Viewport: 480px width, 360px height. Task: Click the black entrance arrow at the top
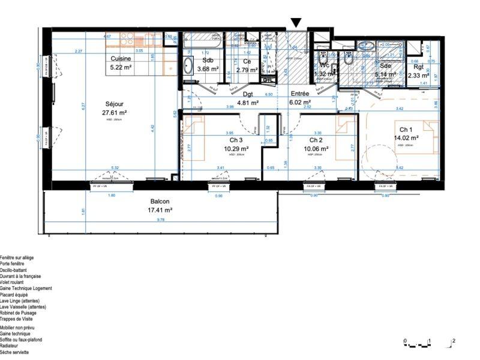click(295, 23)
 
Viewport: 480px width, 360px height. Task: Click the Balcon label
click(160, 202)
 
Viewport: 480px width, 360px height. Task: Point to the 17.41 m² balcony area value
click(160, 210)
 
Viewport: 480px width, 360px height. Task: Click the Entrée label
click(301, 94)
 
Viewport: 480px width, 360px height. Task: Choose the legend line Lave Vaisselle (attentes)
click(19, 307)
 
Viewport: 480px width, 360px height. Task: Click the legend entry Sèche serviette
click(14, 352)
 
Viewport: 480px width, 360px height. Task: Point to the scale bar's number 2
click(454, 341)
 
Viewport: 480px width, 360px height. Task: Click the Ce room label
click(247, 61)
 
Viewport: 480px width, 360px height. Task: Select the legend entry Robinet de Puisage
click(18, 313)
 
